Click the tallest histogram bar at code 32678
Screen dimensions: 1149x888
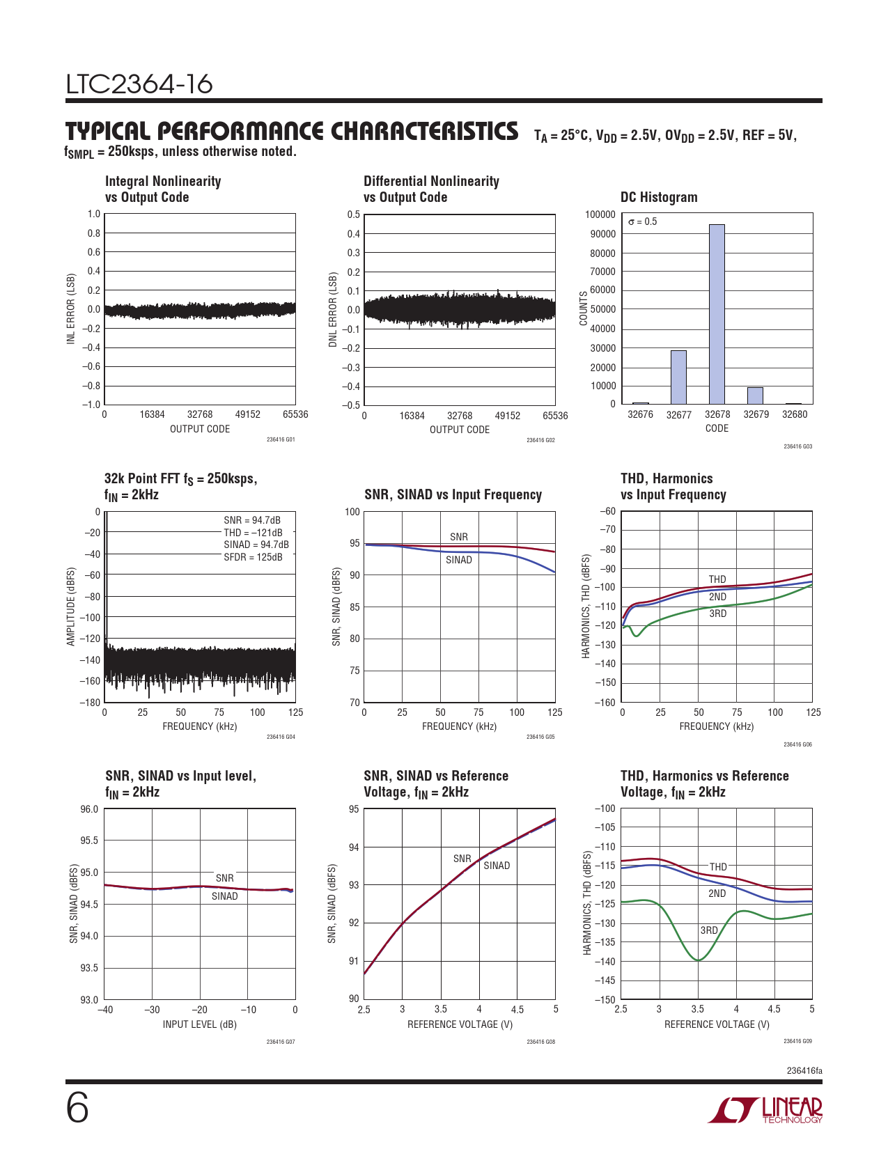pos(717,314)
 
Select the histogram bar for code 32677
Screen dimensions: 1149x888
pos(678,377)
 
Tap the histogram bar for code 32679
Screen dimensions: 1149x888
pos(755,396)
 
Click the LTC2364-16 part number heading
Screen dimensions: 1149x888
pos(139,84)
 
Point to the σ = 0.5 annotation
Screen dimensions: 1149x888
pos(642,221)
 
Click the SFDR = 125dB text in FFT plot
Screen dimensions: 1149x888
pos(253,557)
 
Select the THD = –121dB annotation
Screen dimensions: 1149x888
pos(253,533)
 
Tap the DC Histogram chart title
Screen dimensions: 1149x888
pos(659,197)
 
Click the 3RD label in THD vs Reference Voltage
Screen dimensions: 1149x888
pos(709,930)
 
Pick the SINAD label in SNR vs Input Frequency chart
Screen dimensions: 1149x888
pos(459,560)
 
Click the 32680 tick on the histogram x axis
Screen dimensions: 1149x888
pos(795,414)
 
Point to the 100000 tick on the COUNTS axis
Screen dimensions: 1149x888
pos(600,214)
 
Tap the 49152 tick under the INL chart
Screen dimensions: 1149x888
pos(247,414)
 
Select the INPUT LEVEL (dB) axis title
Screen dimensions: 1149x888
pos(200,1024)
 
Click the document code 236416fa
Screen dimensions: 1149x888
pos(804,1070)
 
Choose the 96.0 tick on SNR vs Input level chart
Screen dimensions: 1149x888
pos(89,809)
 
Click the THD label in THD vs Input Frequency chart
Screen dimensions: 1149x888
pos(717,579)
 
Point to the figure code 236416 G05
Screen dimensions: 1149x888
pos(540,737)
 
